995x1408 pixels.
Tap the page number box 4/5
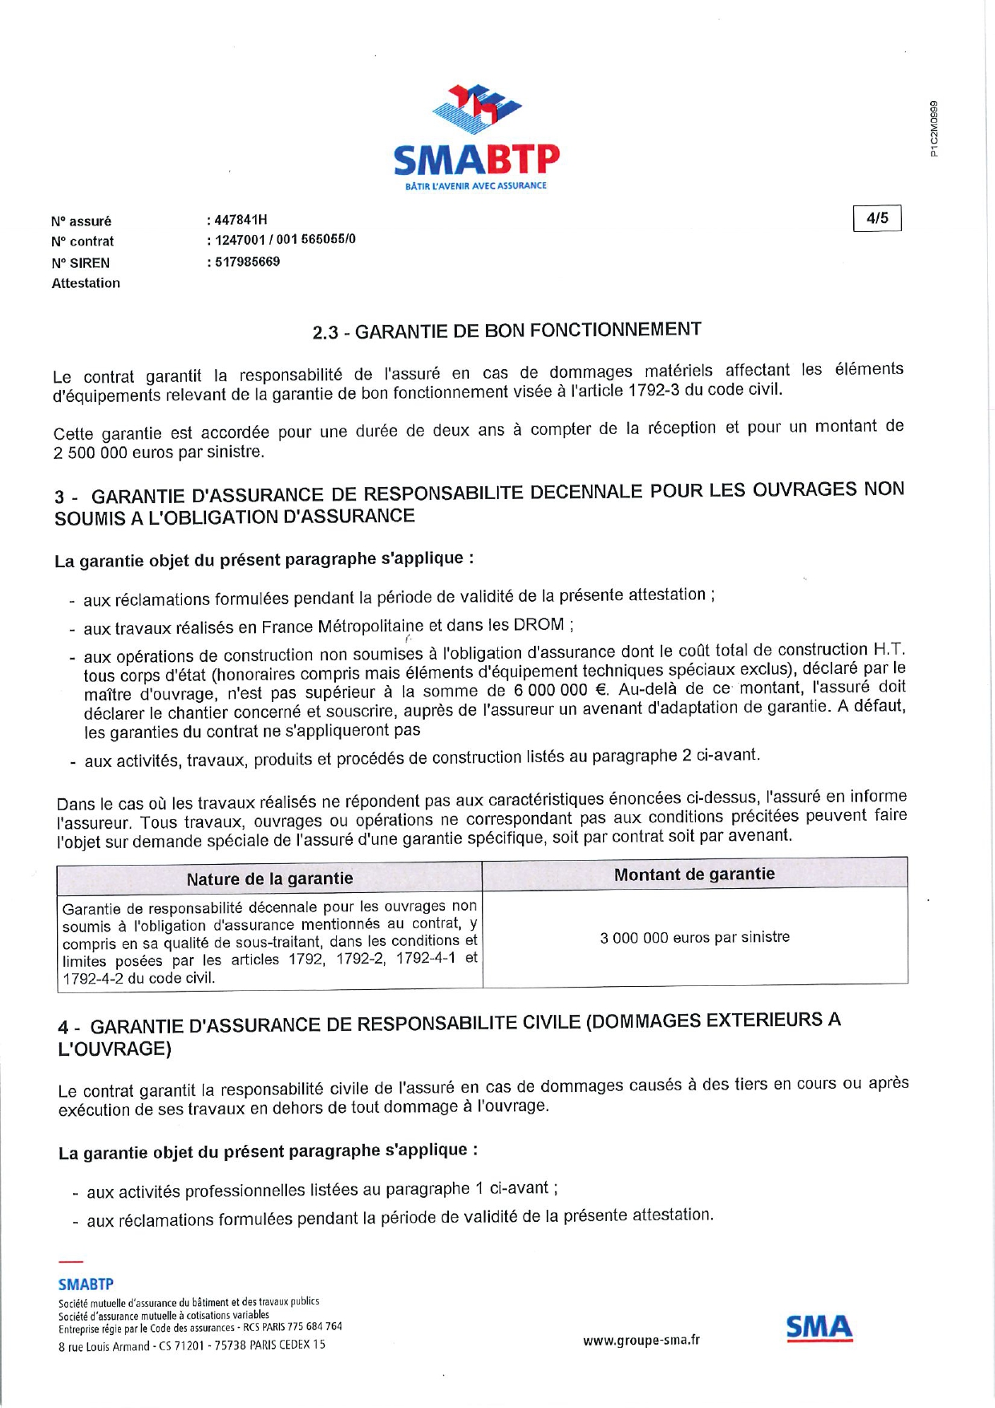[877, 218]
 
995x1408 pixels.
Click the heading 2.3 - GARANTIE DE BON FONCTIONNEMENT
[507, 330]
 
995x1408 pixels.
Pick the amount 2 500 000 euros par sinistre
[158, 452]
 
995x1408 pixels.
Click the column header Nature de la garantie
[269, 878]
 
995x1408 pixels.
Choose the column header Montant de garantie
[694, 874]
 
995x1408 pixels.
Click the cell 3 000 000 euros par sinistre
[694, 937]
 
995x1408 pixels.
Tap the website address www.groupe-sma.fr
[641, 1340]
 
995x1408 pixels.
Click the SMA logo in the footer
[819, 1328]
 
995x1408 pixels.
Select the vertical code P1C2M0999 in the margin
[934, 128]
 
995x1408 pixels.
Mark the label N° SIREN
[80, 262]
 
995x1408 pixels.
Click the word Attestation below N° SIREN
[86, 283]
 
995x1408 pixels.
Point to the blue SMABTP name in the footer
[86, 1284]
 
